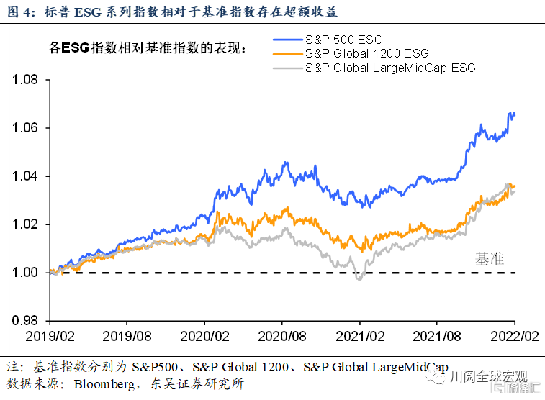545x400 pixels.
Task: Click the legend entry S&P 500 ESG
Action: [343, 40]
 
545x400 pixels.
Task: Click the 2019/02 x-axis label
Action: [50, 336]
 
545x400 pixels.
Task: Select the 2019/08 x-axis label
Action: [127, 336]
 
